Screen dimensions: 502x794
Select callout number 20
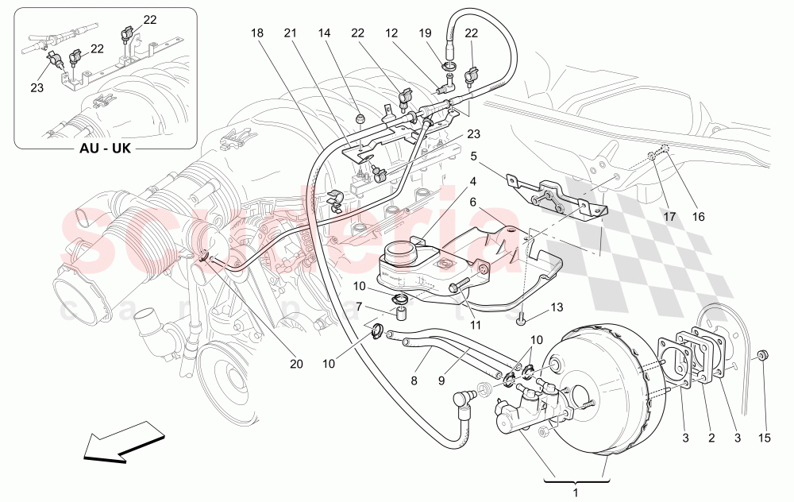point(296,365)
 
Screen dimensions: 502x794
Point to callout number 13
point(556,307)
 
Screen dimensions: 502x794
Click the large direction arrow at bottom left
point(123,446)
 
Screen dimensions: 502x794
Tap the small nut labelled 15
point(762,354)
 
